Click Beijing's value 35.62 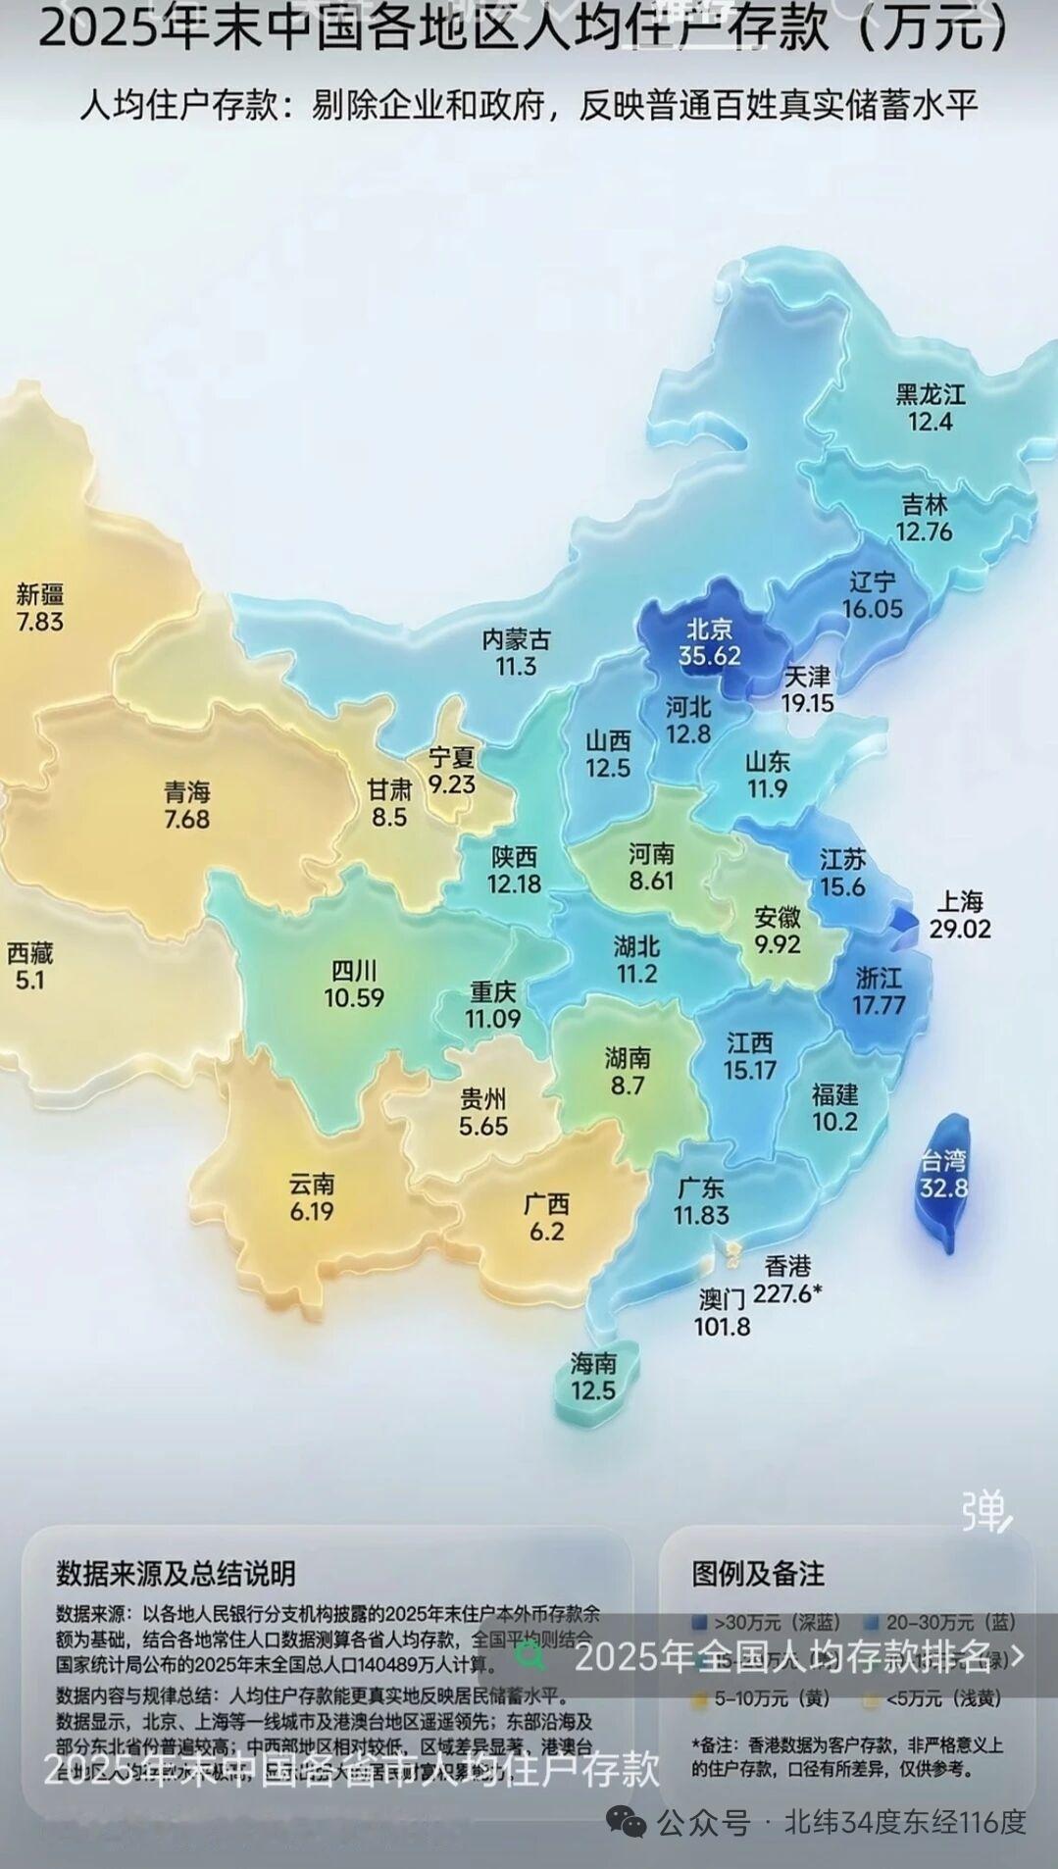[709, 656]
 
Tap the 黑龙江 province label [930, 395]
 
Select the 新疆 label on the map [40, 594]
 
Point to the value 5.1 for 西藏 [29, 980]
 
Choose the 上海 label [959, 901]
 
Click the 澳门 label [722, 1300]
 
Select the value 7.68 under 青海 [186, 819]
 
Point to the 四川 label [353, 971]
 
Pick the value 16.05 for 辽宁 [872, 609]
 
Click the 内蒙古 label [516, 640]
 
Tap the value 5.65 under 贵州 [483, 1126]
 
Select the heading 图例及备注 [757, 1574]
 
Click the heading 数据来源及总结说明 [176, 1574]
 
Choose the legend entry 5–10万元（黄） [761, 1698]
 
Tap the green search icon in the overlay [531, 1657]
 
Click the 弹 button [984, 1511]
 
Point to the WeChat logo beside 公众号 [626, 1822]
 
